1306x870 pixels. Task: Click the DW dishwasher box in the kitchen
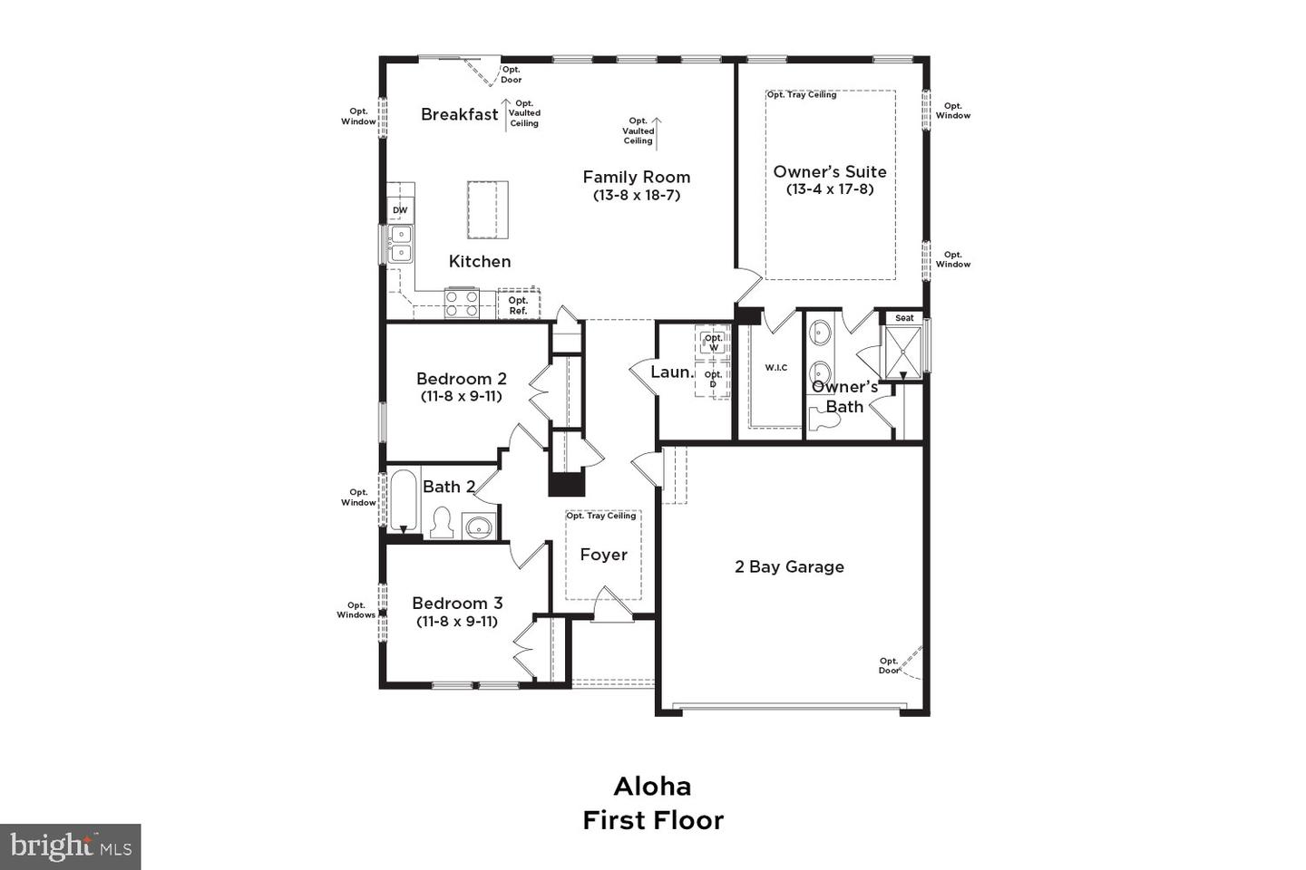pyautogui.click(x=400, y=210)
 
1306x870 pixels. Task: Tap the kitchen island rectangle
pyautogui.click(x=488, y=209)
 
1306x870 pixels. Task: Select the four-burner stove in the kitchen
pyautogui.click(x=462, y=303)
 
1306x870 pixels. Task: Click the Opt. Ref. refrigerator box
pyautogui.click(x=518, y=304)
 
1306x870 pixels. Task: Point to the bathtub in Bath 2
pyautogui.click(x=403, y=501)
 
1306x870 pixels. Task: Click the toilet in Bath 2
pyautogui.click(x=442, y=523)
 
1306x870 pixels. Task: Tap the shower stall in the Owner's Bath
pyautogui.click(x=904, y=349)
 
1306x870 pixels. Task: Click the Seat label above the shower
pyautogui.click(x=904, y=318)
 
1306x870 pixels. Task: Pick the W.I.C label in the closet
pyautogui.click(x=775, y=367)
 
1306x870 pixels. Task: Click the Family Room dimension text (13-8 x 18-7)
pyautogui.click(x=637, y=195)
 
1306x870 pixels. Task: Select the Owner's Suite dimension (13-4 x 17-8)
pyautogui.click(x=830, y=189)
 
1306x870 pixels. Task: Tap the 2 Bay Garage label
pyautogui.click(x=789, y=566)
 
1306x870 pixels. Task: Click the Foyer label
pyautogui.click(x=603, y=555)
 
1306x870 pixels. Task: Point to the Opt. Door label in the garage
pyautogui.click(x=889, y=665)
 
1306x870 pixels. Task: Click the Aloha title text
pyautogui.click(x=652, y=786)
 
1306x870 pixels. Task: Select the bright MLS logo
pyautogui.click(x=70, y=846)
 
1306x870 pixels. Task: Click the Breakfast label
pyautogui.click(x=460, y=114)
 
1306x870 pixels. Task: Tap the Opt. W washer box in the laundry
pyautogui.click(x=714, y=343)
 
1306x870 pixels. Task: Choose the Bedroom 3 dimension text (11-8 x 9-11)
pyautogui.click(x=457, y=621)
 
